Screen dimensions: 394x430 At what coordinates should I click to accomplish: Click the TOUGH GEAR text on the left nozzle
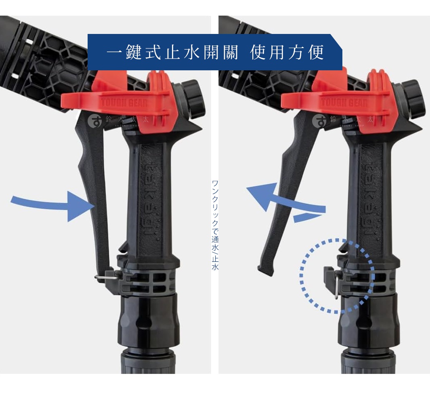tap(124, 103)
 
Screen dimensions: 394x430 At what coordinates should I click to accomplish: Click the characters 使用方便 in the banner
tap(287, 53)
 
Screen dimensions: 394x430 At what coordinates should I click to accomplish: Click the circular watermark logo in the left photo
tap(95, 121)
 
